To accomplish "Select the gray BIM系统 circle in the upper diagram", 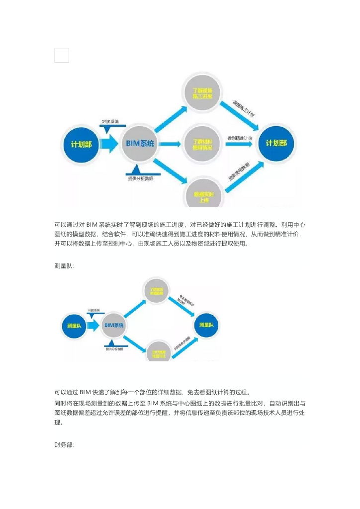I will click(140, 144).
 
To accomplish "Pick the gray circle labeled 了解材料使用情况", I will click(202, 144).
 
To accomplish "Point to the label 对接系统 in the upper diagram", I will click(110, 121).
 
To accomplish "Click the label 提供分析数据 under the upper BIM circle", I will click(141, 177).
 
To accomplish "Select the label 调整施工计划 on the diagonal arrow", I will click(244, 108).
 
